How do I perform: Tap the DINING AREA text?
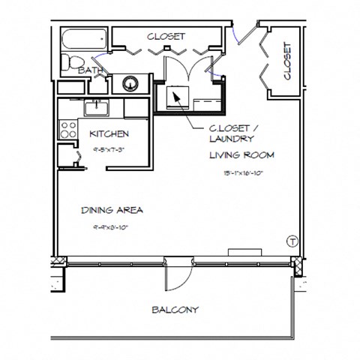tap(112, 210)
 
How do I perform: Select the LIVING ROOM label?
tap(241, 155)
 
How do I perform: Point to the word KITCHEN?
tap(109, 134)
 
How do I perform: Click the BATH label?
tap(91, 70)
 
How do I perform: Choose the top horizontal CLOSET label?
tap(166, 36)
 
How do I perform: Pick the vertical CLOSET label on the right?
tap(288, 61)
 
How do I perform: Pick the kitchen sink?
tap(97, 109)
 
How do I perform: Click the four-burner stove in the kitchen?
tap(68, 129)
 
